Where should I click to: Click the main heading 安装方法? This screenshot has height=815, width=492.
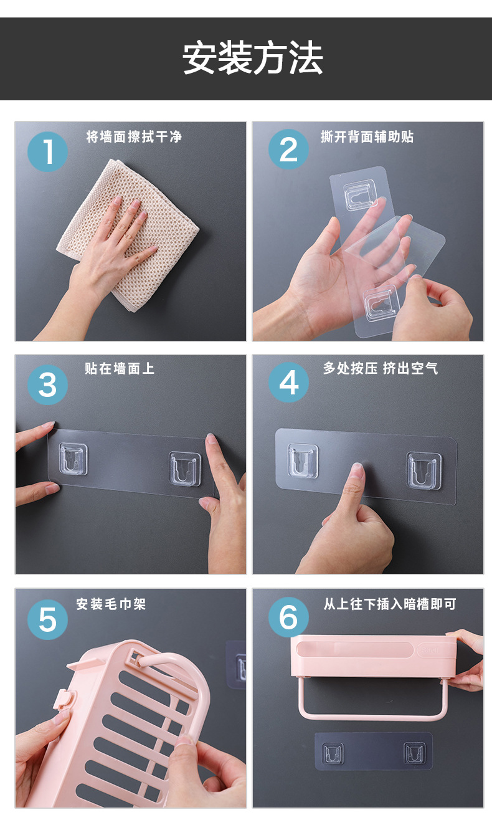(252, 59)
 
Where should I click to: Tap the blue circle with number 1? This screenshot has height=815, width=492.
(47, 151)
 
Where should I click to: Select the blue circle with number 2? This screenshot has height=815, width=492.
(288, 150)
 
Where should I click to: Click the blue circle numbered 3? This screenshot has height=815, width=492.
(47, 384)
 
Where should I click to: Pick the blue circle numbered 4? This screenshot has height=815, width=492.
(288, 383)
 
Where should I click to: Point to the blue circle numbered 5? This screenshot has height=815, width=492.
(47, 619)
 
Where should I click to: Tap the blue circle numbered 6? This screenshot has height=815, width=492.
(288, 617)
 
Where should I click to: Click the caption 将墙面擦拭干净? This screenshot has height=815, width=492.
(134, 136)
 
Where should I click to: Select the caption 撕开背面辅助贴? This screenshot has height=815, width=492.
(367, 136)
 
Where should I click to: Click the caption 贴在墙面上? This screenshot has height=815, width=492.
(120, 368)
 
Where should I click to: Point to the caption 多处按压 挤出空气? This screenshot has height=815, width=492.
(380, 368)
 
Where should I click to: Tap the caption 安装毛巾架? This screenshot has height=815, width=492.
(111, 604)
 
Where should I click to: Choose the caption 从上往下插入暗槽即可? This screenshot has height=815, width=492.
(390, 604)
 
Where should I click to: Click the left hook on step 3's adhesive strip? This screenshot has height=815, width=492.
(73, 460)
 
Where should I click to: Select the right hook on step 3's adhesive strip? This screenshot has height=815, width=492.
(185, 469)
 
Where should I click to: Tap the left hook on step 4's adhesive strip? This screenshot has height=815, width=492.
(303, 461)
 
